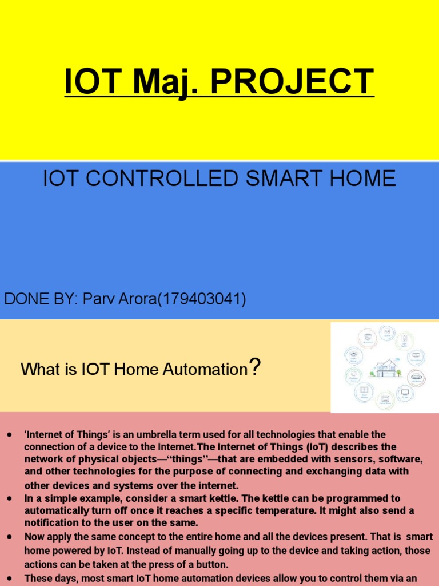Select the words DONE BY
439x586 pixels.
tap(41, 299)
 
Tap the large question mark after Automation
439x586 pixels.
tap(255, 367)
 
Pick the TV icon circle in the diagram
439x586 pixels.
tap(405, 393)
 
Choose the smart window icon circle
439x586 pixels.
tap(364, 391)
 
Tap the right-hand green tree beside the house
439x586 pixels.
tap(398, 373)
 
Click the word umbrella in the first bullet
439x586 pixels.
tap(154, 435)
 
